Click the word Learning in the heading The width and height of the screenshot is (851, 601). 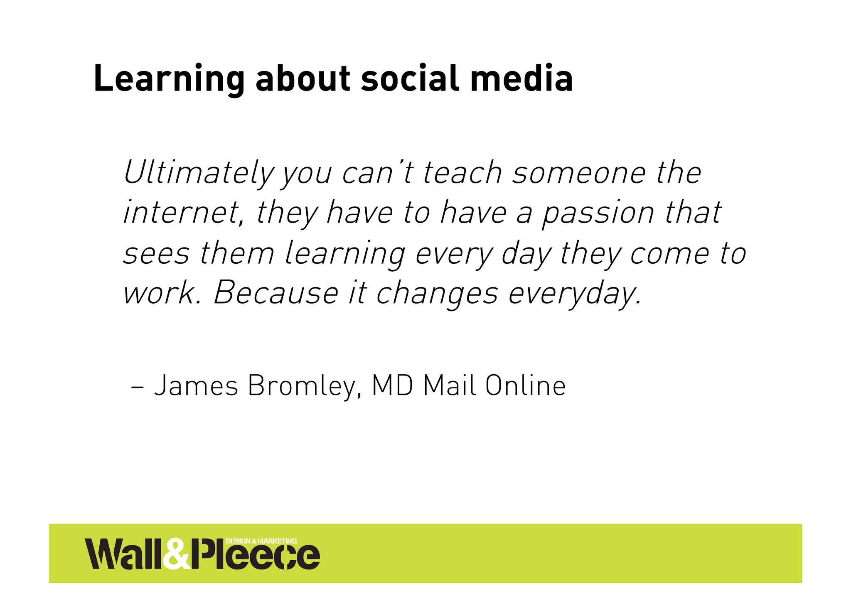169,79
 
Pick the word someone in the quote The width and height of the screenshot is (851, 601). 579,173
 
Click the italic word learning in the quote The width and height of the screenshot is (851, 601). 344,253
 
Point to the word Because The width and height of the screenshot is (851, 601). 276,293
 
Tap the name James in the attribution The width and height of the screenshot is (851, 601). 196,386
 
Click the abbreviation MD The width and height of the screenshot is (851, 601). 392,386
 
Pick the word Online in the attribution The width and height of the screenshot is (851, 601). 525,386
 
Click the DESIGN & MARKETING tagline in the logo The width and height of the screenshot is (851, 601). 261,541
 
